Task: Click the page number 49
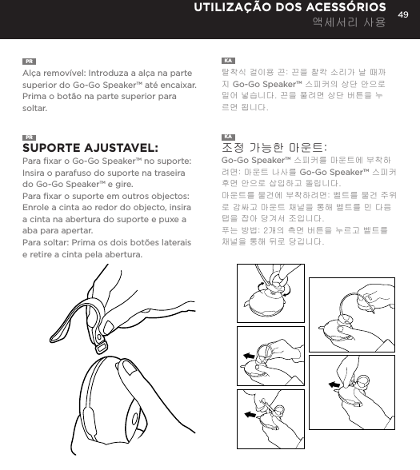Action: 403,10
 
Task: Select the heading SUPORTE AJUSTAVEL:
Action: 89,148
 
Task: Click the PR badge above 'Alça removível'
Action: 28,61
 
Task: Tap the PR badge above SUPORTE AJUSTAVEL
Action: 28,136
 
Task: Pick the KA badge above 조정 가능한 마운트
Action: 227,135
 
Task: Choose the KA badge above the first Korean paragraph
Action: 227,61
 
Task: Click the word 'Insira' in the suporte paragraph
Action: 36,174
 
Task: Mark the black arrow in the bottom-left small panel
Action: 253,416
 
